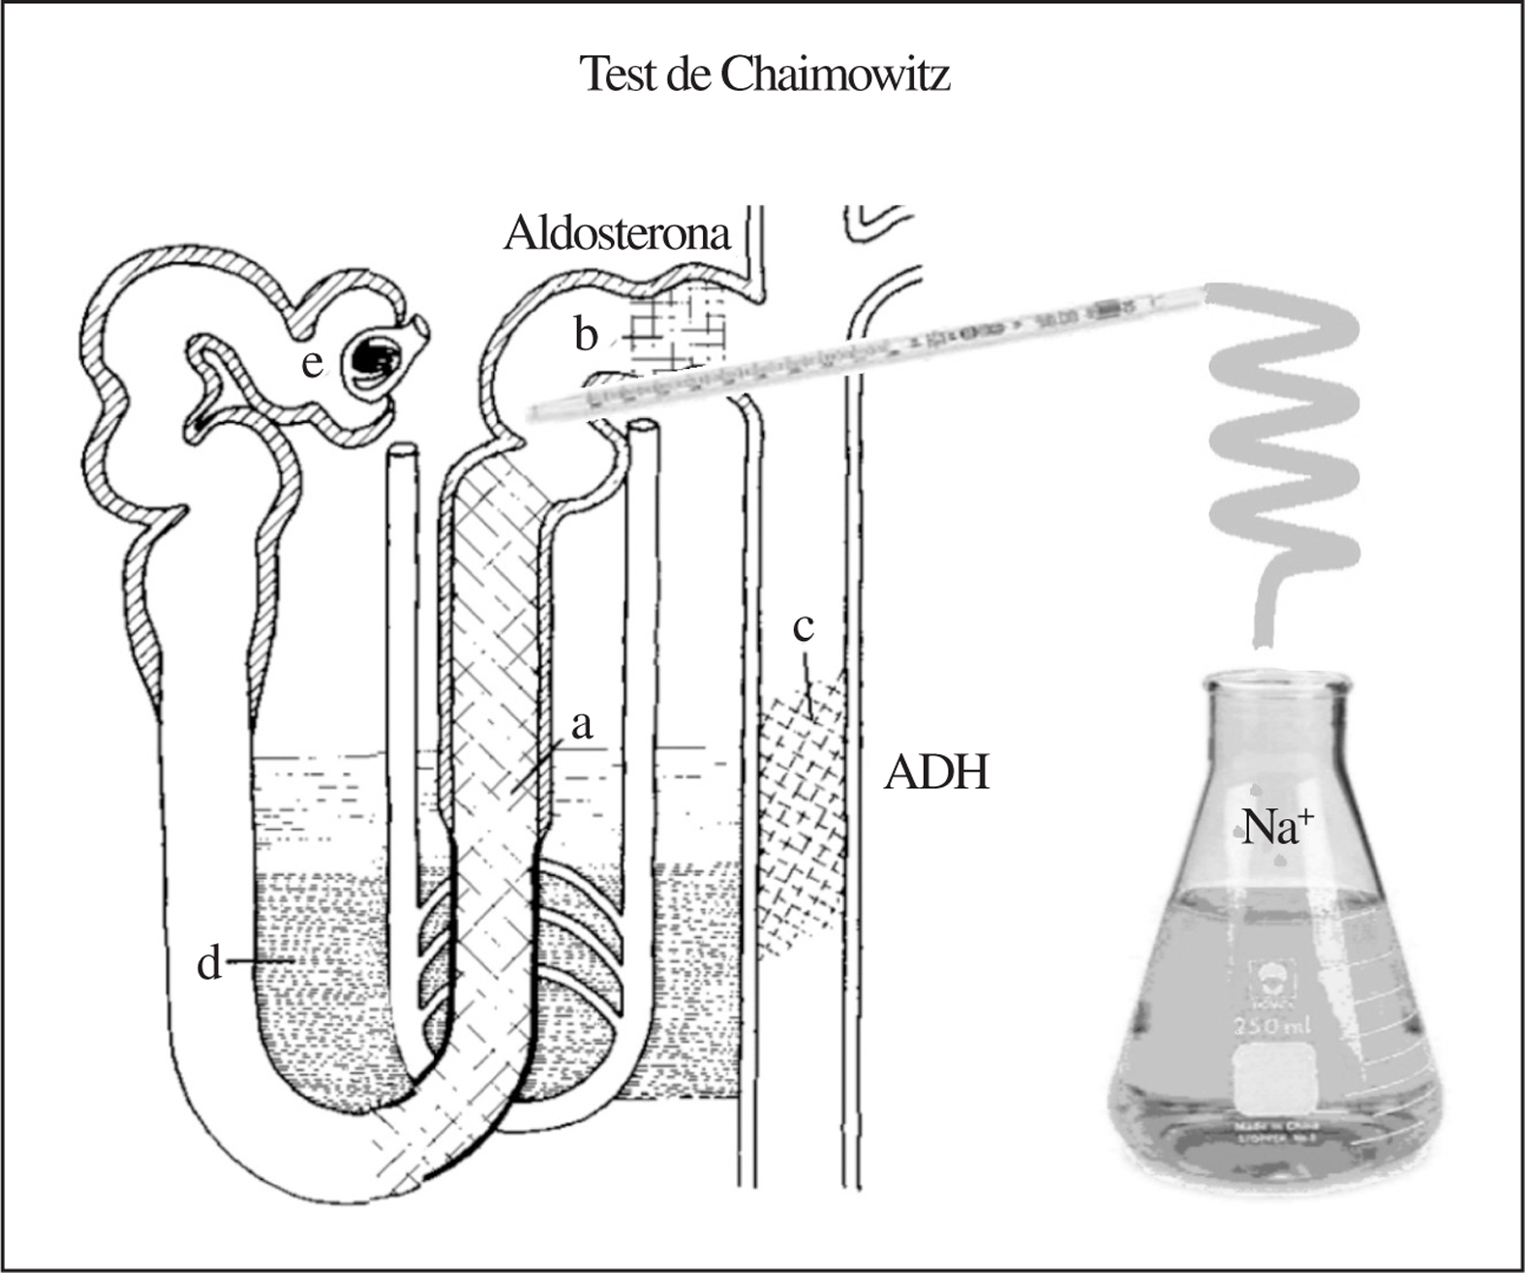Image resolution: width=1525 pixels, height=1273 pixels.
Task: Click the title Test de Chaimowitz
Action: click(764, 75)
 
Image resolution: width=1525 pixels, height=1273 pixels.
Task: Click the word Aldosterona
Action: click(617, 233)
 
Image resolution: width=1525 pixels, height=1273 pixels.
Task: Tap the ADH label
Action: click(936, 774)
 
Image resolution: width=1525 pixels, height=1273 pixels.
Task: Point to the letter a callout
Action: click(581, 724)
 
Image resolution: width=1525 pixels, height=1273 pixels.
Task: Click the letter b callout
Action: click(586, 335)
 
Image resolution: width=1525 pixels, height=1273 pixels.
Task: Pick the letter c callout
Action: click(803, 628)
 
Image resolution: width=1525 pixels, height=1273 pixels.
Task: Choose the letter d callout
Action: click(210, 963)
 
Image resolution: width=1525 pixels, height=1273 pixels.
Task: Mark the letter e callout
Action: click(311, 364)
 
